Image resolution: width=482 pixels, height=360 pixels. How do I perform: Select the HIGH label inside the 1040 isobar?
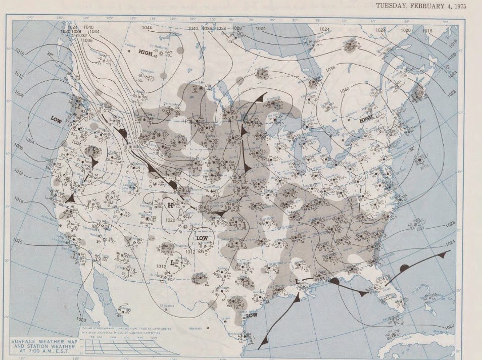click(x=366, y=120)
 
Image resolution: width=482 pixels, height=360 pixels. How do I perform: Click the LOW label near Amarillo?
click(x=202, y=238)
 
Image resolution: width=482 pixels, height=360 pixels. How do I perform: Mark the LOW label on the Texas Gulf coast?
click(x=252, y=315)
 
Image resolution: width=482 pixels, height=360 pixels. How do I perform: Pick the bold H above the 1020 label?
click(x=171, y=205)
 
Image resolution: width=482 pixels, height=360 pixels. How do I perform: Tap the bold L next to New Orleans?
click(x=298, y=280)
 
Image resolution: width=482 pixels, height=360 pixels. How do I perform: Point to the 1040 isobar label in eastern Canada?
click(x=345, y=90)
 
